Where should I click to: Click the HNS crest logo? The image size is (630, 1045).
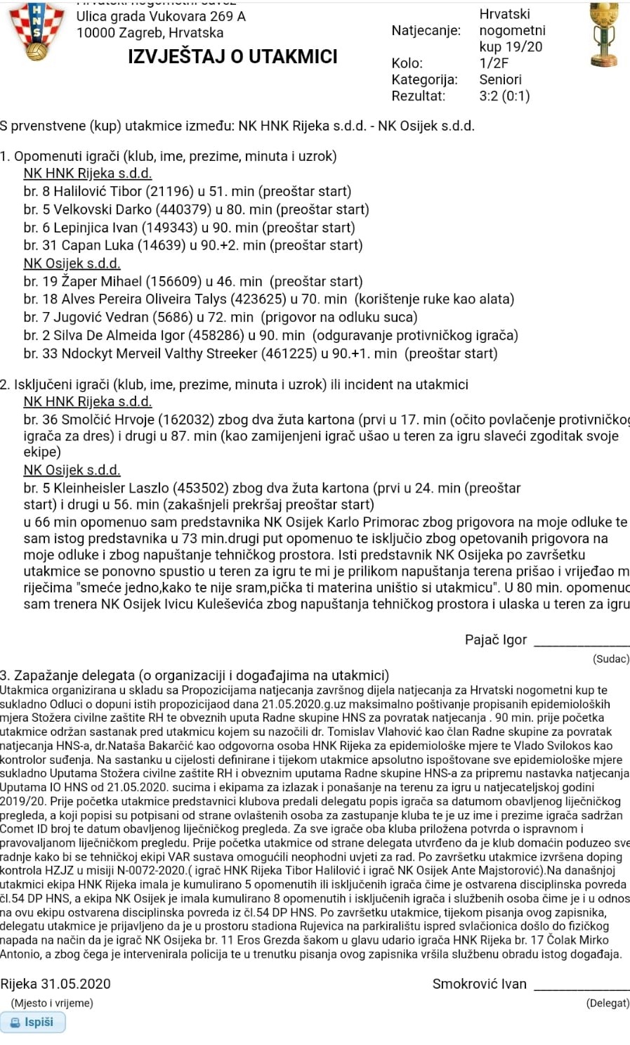[x=36, y=32]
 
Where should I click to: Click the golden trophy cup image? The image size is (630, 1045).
[x=603, y=34]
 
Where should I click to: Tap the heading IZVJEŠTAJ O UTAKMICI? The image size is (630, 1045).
[x=232, y=57]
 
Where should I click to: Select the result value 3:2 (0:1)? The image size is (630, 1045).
[x=504, y=96]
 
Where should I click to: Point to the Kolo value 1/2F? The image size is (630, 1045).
[x=494, y=63]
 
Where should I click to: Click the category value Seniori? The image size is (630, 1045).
[x=500, y=79]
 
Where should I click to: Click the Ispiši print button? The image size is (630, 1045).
[x=33, y=1022]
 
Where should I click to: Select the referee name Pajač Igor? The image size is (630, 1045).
[x=495, y=640]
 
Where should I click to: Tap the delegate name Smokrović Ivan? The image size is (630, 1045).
[x=479, y=984]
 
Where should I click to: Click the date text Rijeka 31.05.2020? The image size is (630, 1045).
[x=55, y=984]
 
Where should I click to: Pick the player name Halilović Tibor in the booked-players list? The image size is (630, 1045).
[x=98, y=191]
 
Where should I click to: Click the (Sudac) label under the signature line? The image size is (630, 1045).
[x=610, y=658]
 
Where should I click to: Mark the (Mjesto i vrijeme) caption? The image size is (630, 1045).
[x=52, y=1003]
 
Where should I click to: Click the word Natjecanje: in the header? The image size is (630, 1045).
[x=426, y=31]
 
